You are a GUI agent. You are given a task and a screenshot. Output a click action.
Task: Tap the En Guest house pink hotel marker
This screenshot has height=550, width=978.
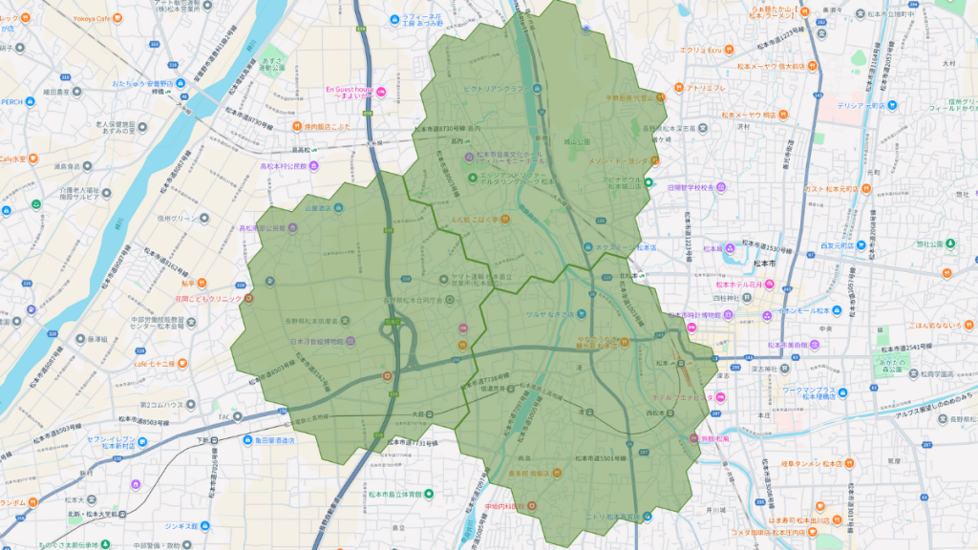pyautogui.click(x=381, y=92)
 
